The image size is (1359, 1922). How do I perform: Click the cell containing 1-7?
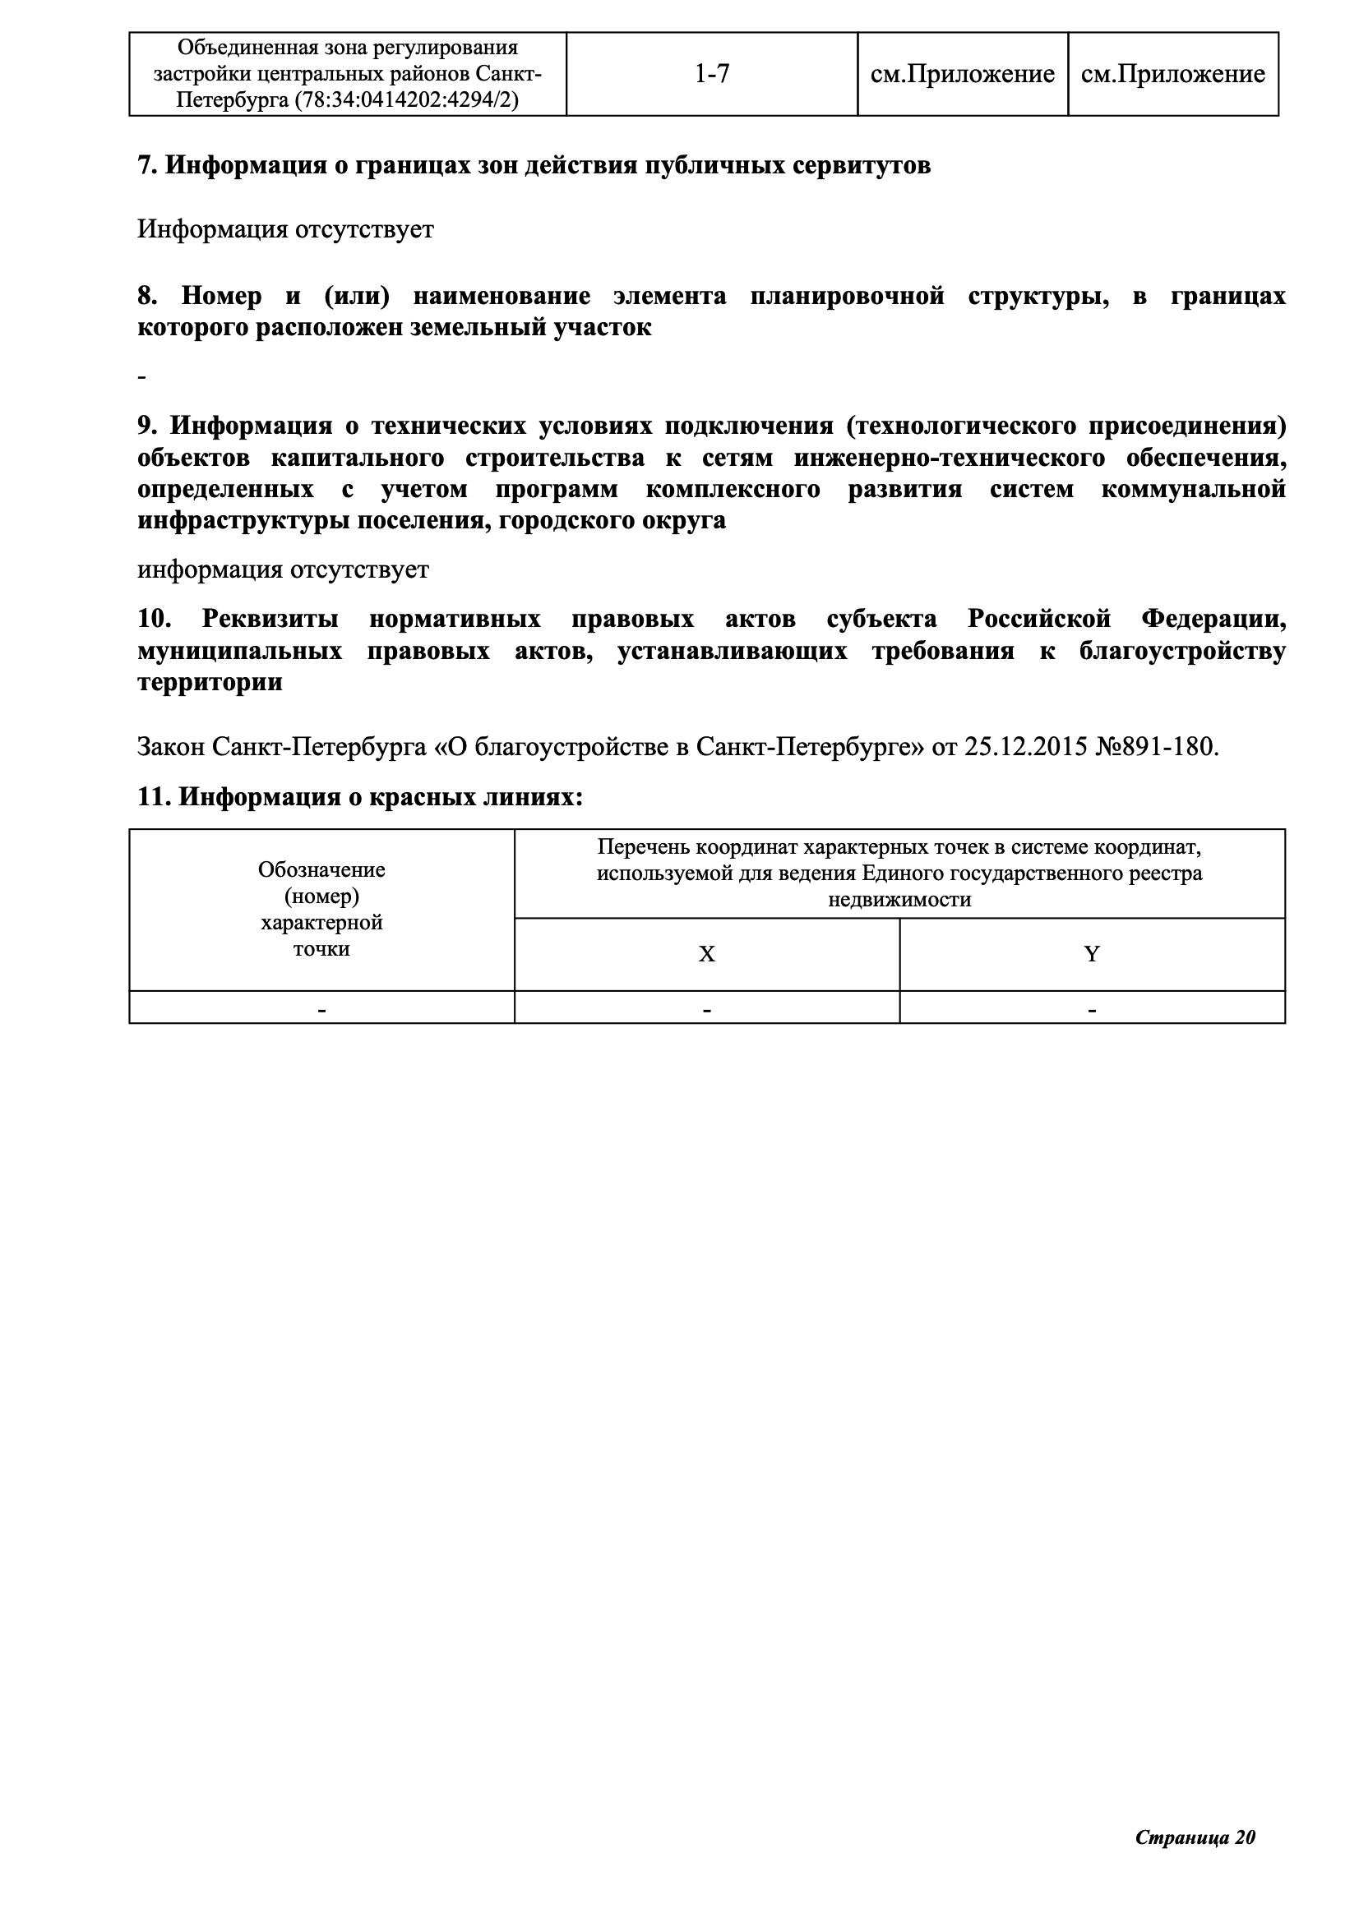tap(712, 75)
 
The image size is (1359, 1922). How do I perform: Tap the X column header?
tap(707, 954)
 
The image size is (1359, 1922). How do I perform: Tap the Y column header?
tap(1092, 954)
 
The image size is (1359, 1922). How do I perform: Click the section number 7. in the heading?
tap(147, 166)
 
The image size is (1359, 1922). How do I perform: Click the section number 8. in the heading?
tap(147, 297)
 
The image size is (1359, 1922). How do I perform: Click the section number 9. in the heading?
tap(147, 426)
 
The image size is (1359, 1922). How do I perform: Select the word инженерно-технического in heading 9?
tap(949, 458)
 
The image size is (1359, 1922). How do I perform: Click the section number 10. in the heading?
tap(154, 620)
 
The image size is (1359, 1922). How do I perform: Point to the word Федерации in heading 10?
tap(1212, 620)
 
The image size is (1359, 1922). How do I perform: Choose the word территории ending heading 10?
tap(210, 683)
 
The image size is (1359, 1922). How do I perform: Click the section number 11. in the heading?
tap(154, 797)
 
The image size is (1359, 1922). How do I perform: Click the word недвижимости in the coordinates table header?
tap(899, 900)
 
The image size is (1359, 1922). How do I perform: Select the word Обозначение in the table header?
tap(321, 869)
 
